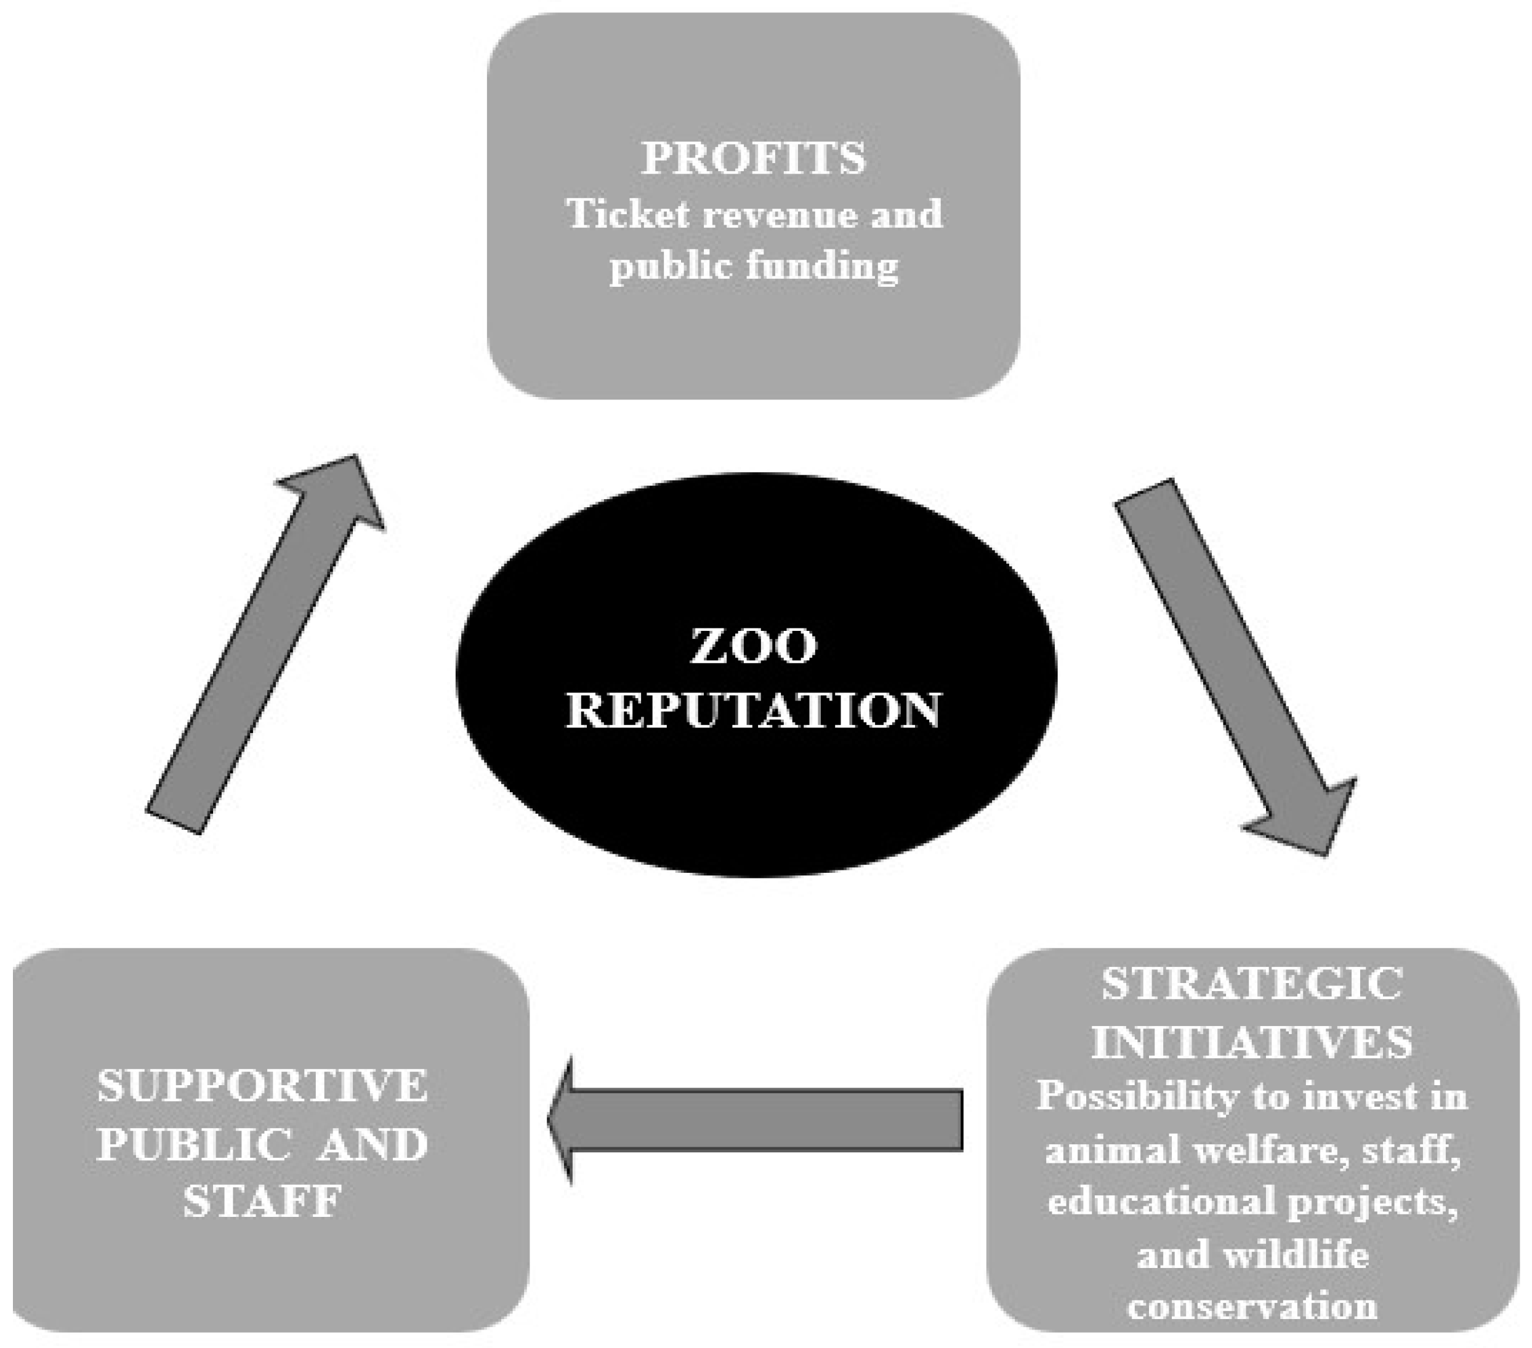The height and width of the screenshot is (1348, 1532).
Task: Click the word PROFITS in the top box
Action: (x=753, y=158)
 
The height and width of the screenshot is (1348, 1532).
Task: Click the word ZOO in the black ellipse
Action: (x=753, y=646)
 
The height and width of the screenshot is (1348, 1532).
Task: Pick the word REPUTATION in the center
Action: (x=753, y=710)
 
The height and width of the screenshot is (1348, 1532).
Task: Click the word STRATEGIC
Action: (x=1251, y=984)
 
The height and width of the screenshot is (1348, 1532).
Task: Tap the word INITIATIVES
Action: (x=1251, y=1041)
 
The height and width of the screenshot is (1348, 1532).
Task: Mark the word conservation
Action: (x=1252, y=1306)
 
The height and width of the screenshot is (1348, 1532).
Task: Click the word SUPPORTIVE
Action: (x=262, y=1086)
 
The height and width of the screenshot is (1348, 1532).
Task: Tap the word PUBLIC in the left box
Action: (x=193, y=1145)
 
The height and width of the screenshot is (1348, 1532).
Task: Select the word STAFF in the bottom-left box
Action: (x=262, y=1201)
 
